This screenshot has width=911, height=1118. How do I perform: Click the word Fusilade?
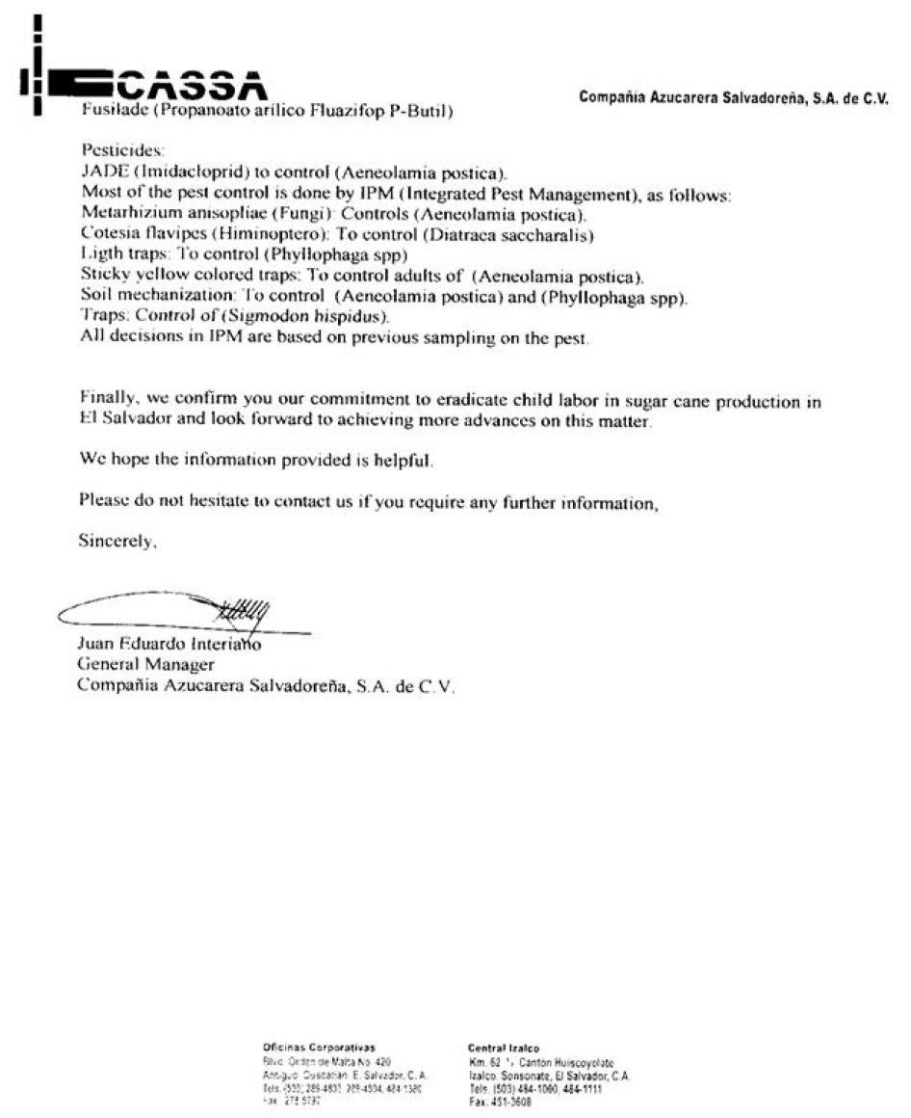(x=108, y=111)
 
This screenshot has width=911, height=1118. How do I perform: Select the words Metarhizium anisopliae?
(x=166, y=214)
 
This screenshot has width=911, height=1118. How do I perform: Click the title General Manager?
(x=145, y=665)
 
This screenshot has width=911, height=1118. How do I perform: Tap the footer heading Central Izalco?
(x=503, y=1048)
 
